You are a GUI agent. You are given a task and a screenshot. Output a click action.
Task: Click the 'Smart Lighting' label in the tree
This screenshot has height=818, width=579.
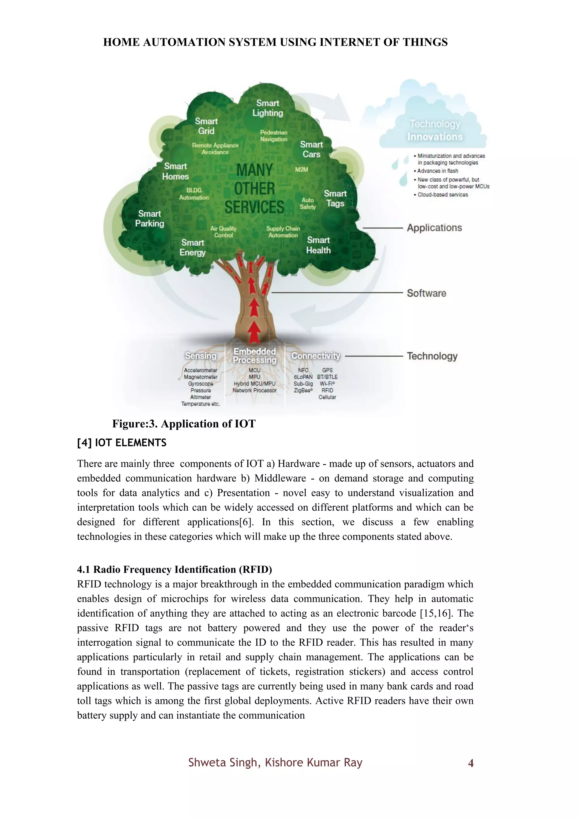click(x=268, y=108)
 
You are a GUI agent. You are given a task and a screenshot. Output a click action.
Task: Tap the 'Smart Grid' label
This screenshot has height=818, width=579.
click(x=206, y=126)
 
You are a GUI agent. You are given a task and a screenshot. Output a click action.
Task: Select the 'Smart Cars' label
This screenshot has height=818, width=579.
click(x=311, y=149)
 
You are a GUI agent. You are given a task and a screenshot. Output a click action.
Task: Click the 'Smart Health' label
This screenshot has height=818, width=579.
click(x=318, y=245)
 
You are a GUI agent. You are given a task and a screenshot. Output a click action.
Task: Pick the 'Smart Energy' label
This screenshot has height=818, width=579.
click(x=193, y=247)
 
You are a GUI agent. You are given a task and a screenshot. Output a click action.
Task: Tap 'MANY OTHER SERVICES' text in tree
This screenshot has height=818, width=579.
click(x=254, y=189)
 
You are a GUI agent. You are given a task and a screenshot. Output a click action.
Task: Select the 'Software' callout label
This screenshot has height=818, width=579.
click(x=426, y=293)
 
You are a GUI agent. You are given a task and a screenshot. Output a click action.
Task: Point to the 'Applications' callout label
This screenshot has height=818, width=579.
click(x=434, y=228)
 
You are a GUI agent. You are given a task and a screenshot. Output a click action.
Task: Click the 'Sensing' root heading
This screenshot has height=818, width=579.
click(x=201, y=356)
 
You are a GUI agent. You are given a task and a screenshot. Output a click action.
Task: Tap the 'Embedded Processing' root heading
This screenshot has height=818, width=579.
click(x=254, y=356)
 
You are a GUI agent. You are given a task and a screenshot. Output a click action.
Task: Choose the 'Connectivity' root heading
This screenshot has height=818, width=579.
click(x=316, y=356)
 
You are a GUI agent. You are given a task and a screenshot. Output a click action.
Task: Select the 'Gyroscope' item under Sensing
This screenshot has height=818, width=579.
click(x=201, y=384)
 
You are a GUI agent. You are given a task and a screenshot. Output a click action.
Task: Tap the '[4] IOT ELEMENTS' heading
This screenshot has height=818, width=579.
click(x=122, y=443)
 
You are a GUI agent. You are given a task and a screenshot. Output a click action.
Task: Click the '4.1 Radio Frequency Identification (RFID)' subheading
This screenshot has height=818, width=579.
click(x=174, y=570)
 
